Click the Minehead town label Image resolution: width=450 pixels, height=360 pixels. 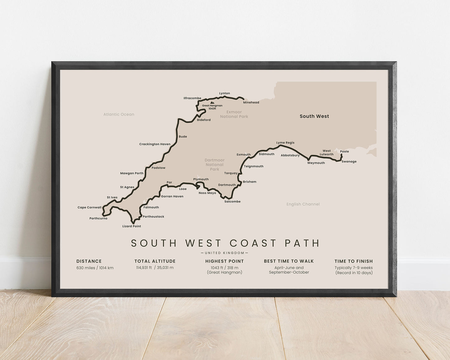[251, 102]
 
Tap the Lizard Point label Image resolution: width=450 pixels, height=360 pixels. [131, 226]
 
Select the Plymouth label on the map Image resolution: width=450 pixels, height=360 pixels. [201, 179]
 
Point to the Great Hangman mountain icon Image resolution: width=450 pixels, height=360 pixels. [212, 102]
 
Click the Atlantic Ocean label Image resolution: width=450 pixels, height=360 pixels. [119, 115]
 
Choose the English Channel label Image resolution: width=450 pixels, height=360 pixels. [303, 204]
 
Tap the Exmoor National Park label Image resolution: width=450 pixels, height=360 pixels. [234, 114]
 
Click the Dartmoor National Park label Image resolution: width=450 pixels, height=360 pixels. [215, 165]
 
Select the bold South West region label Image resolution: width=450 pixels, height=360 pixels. [314, 116]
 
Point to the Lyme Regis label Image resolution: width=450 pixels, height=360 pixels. [285, 143]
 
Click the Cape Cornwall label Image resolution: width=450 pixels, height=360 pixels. [89, 208]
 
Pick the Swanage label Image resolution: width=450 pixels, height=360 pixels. [349, 162]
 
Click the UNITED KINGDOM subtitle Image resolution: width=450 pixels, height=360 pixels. [225, 253]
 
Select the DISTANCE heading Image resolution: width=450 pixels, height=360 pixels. [89, 261]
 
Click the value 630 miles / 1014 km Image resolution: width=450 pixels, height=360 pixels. [95, 268]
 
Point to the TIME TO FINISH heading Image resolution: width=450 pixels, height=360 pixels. [353, 261]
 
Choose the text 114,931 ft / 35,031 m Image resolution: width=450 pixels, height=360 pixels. [155, 268]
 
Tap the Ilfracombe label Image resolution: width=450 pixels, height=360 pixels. [192, 98]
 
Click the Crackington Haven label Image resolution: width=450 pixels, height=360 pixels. [155, 144]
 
